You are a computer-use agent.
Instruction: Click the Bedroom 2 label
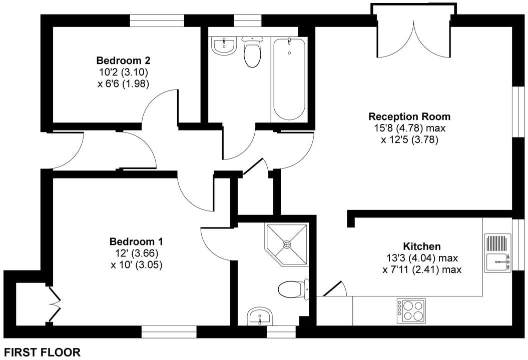(123, 60)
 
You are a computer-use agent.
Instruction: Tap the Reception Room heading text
(409, 116)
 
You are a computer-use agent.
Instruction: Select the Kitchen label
(422, 246)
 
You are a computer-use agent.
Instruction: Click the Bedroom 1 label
(136, 241)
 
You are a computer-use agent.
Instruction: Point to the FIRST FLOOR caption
(43, 352)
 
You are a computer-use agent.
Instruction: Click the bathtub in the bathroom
(289, 79)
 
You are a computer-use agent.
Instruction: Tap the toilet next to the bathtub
(252, 51)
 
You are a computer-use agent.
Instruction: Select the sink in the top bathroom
(224, 46)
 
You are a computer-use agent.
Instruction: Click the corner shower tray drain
(287, 244)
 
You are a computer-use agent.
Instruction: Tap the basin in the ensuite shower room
(260, 316)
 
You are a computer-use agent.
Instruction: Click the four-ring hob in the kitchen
(411, 311)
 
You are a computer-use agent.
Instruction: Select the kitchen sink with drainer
(497, 253)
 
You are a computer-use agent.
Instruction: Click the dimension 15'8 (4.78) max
(409, 128)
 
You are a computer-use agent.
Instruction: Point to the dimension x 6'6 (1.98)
(123, 83)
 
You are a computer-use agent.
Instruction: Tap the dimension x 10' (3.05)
(136, 265)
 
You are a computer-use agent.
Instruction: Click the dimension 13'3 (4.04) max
(422, 258)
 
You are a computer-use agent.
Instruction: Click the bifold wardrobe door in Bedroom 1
(55, 304)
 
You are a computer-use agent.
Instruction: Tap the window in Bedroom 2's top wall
(157, 21)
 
